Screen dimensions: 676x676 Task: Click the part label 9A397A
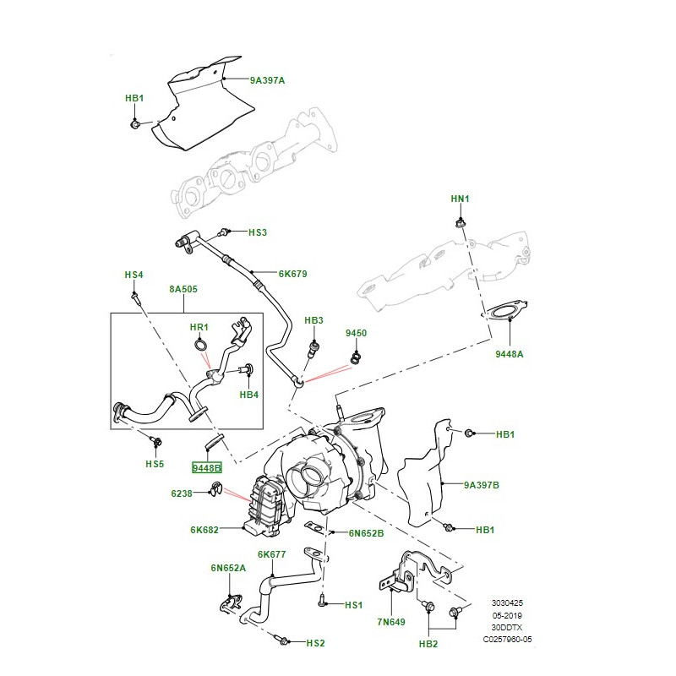[267, 81]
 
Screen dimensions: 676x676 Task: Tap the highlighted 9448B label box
[206, 468]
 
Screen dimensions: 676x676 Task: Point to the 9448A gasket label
[510, 354]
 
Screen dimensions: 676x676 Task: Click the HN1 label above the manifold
[459, 199]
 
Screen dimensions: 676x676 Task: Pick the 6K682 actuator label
[204, 531]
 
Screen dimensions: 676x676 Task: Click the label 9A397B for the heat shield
[482, 486]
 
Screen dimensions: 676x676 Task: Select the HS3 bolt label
[257, 232]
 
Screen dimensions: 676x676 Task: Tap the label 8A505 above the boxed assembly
[183, 289]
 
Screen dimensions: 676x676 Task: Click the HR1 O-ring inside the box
[199, 345]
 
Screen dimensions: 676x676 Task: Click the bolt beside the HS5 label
[155, 441]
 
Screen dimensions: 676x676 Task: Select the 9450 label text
[356, 334]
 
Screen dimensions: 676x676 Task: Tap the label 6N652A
[228, 568]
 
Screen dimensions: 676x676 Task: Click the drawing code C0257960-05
[507, 640]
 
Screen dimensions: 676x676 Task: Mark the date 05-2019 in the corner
[507, 616]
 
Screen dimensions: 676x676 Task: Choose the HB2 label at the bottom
[428, 645]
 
